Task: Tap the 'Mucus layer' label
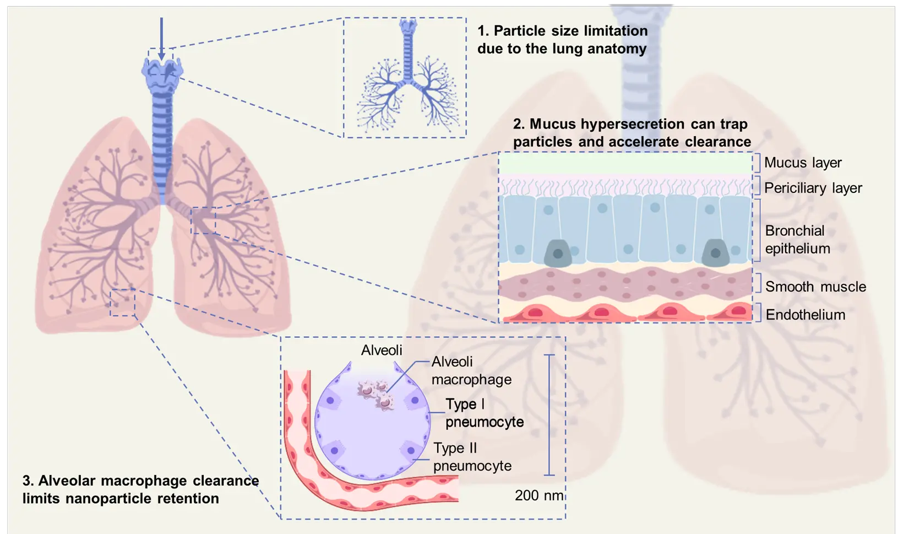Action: click(x=803, y=163)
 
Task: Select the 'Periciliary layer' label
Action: click(x=813, y=188)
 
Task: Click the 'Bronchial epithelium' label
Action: click(x=797, y=240)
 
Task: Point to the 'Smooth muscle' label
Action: click(x=815, y=287)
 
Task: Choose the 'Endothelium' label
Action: click(x=805, y=315)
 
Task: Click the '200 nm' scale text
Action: click(x=539, y=495)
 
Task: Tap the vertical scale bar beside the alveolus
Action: click(x=549, y=414)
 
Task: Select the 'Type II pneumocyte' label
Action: click(x=472, y=457)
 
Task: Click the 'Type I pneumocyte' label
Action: click(x=484, y=413)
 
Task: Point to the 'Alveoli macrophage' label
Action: click(x=471, y=370)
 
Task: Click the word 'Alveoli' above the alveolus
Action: click(x=382, y=350)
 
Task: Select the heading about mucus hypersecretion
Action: click(x=632, y=133)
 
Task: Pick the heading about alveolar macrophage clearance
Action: click(x=140, y=489)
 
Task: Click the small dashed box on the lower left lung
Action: click(x=122, y=303)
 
